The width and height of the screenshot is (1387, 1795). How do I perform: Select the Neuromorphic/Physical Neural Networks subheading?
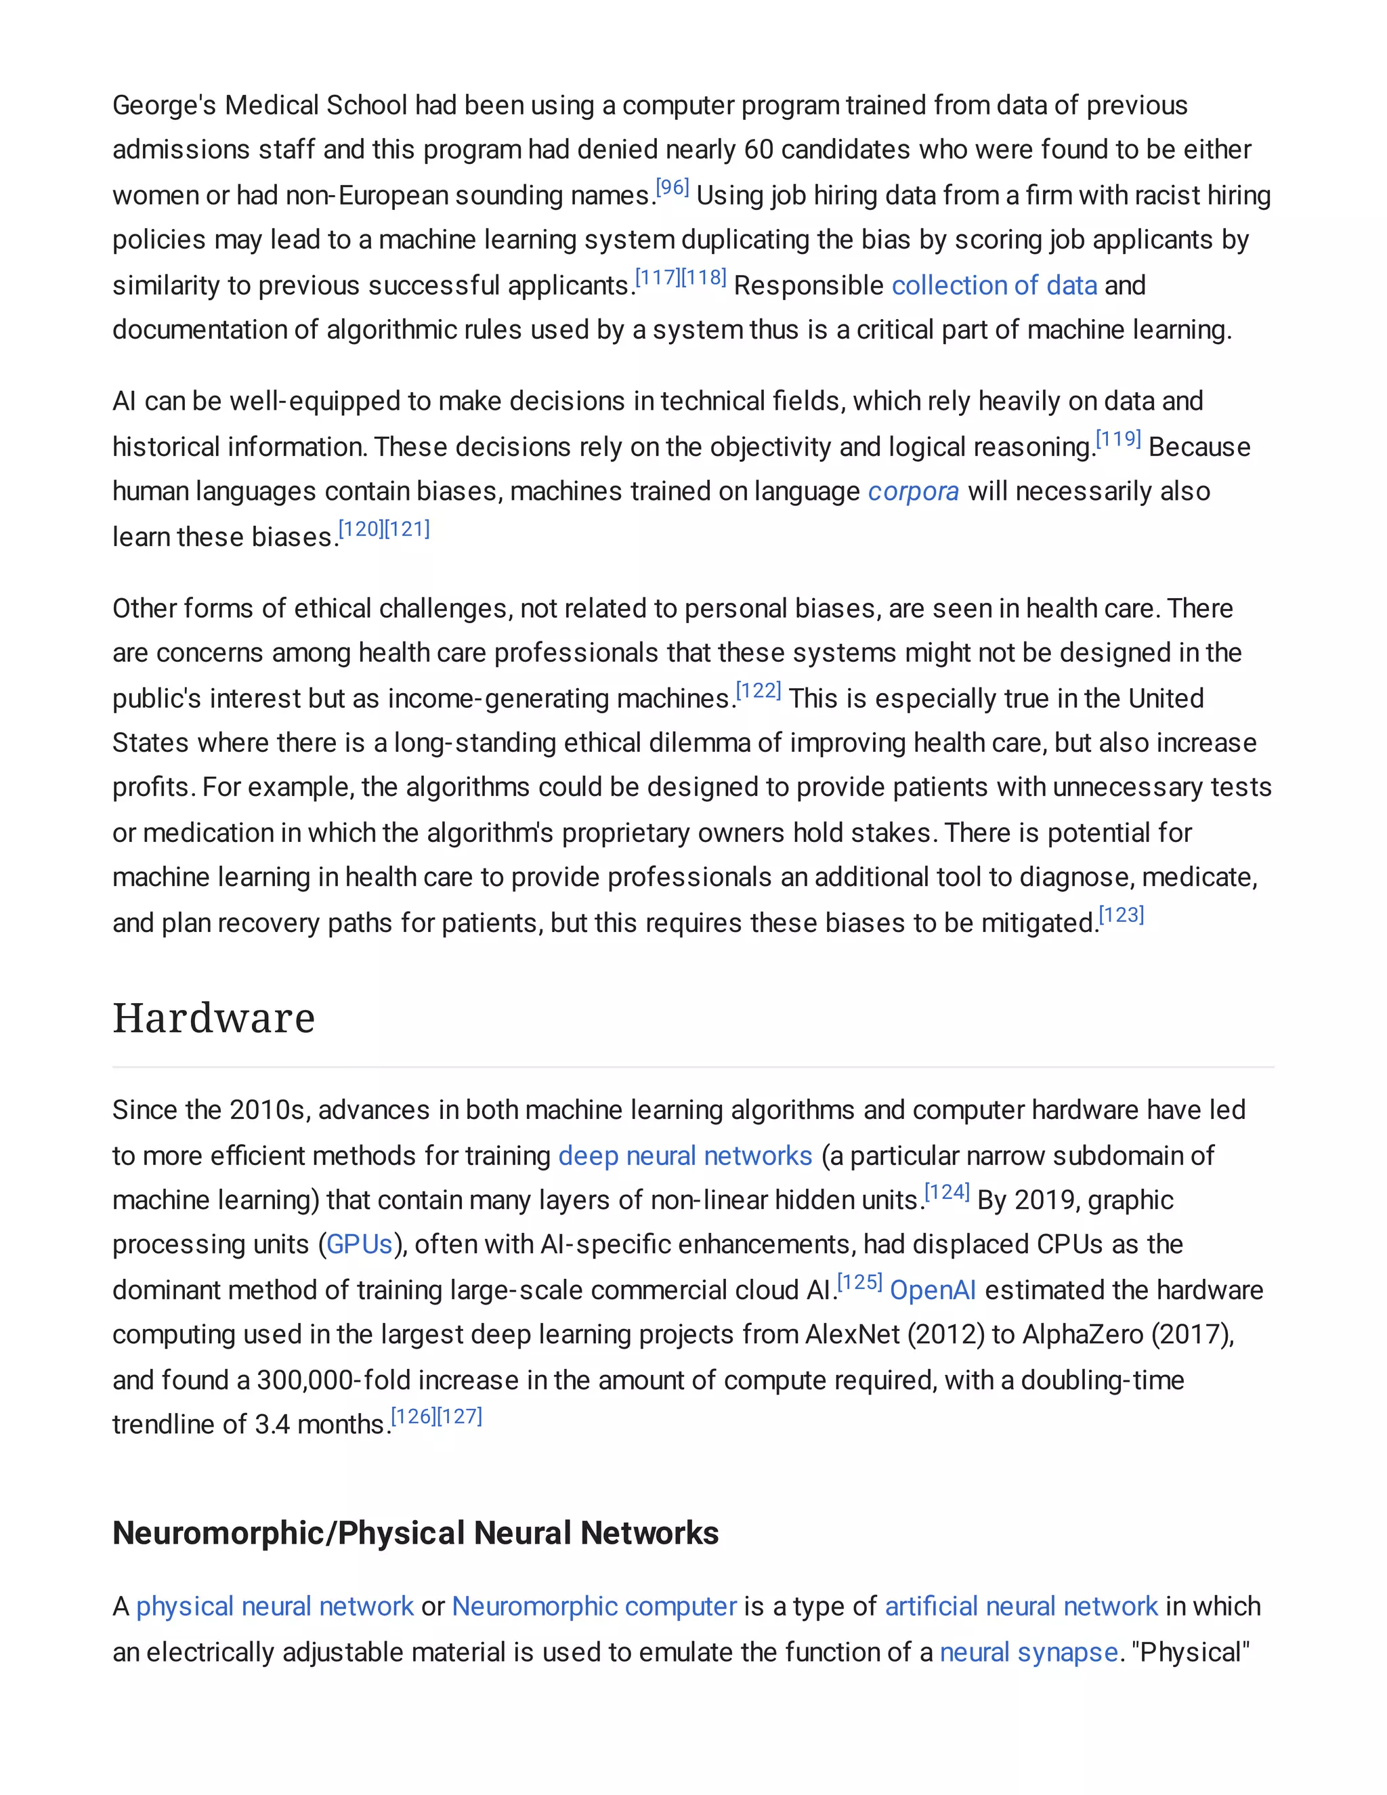[415, 1534]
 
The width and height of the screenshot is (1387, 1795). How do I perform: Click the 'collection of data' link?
[994, 285]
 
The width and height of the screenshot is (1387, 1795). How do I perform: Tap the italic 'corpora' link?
[913, 492]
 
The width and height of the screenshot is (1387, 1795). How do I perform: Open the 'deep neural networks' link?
[685, 1156]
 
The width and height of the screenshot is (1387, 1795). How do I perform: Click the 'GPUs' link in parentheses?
[359, 1244]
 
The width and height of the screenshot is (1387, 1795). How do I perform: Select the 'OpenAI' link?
[933, 1290]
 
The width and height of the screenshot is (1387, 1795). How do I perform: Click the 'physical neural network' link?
[274, 1606]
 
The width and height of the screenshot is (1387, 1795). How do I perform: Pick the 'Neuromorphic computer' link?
[594, 1606]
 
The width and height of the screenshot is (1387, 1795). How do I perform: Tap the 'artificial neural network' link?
[1021, 1606]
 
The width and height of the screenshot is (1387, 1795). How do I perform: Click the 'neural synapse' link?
[1029, 1652]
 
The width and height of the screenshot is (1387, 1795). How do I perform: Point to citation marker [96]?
[672, 188]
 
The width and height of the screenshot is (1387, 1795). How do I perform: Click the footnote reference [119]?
[1118, 440]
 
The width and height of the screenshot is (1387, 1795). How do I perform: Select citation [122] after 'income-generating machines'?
[759, 691]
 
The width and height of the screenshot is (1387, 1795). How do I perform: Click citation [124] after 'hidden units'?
[947, 1193]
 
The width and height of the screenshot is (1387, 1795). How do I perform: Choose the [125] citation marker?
[859, 1283]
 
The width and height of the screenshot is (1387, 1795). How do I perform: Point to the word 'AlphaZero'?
[1082, 1335]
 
